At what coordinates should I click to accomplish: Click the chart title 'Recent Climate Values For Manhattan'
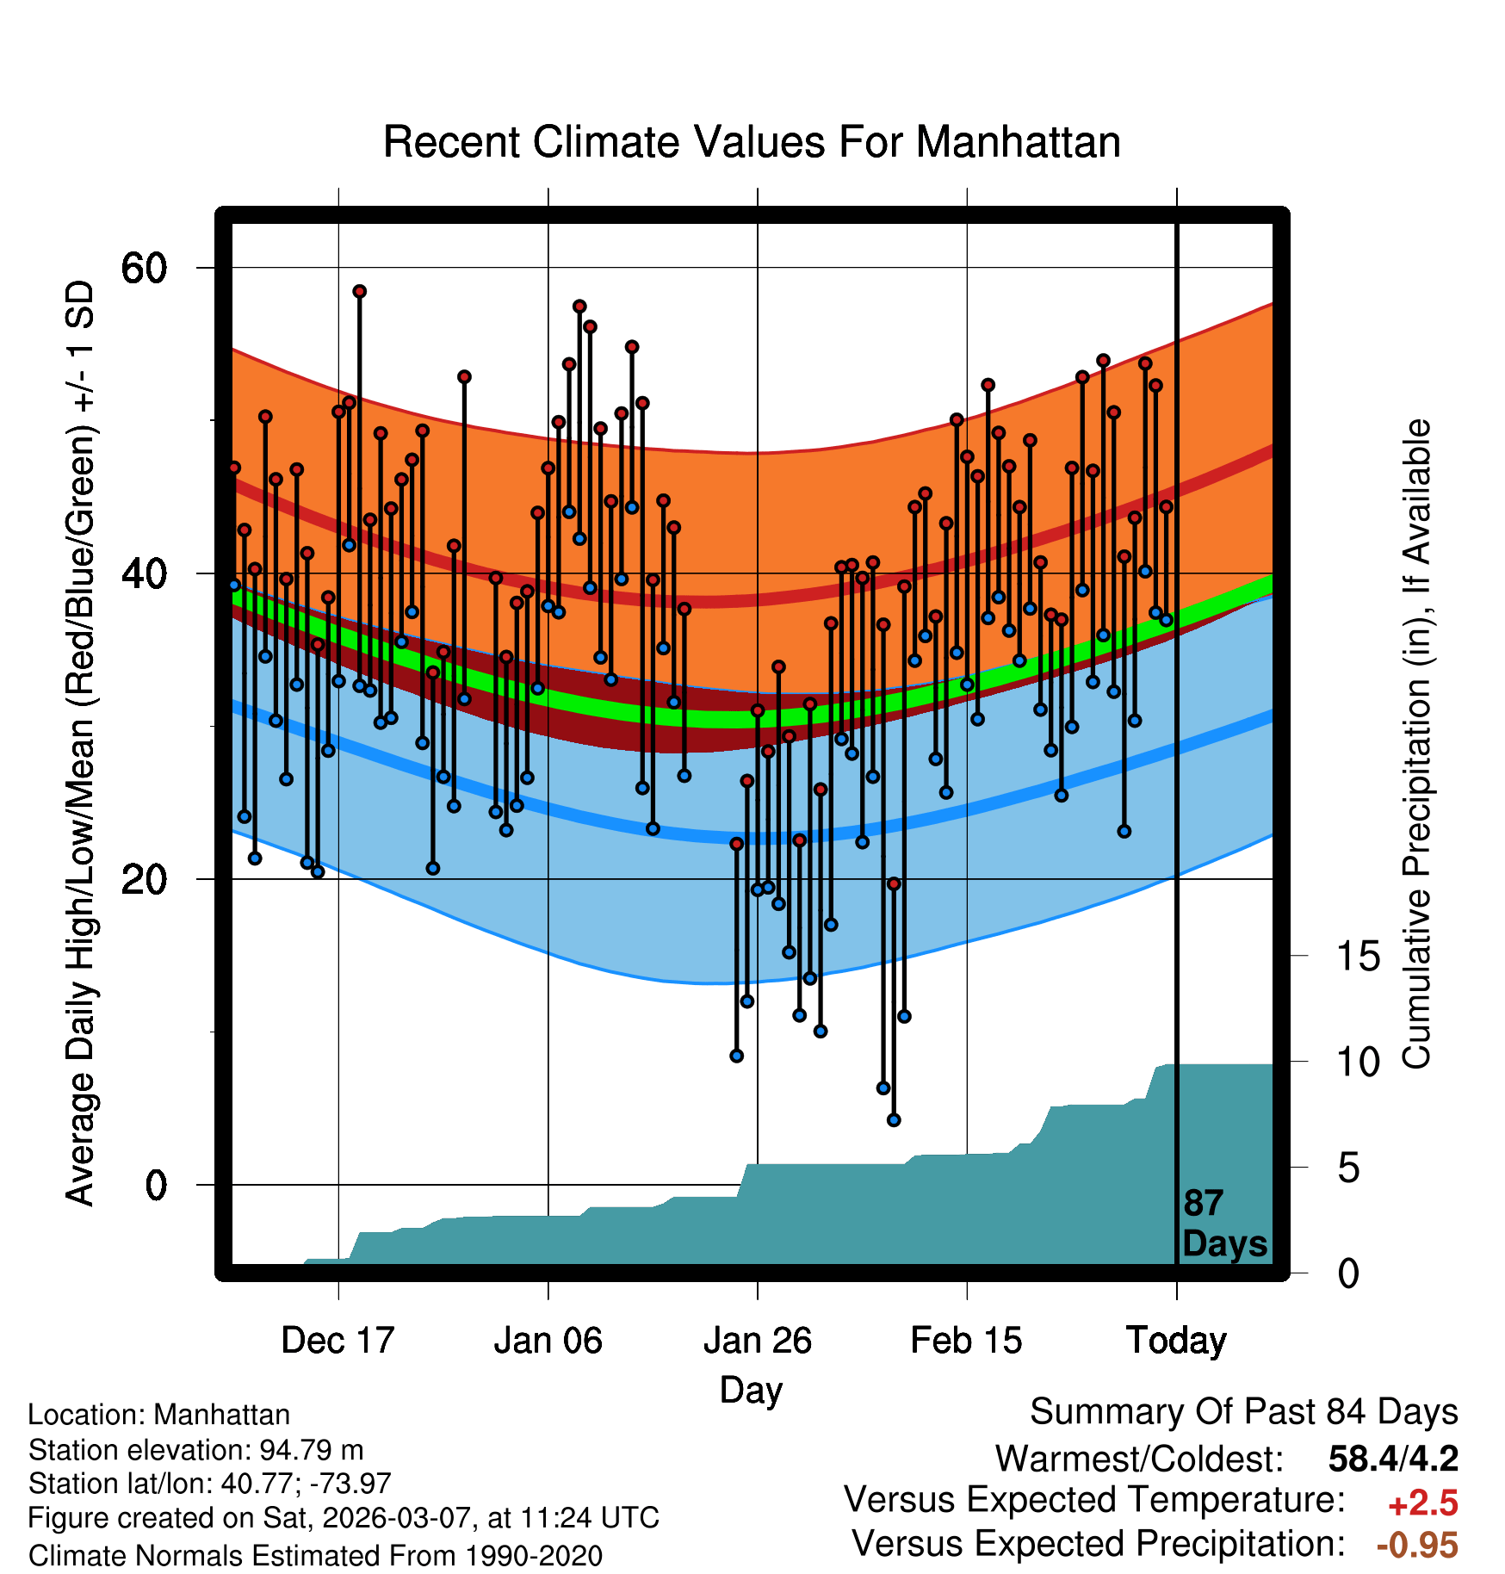click(752, 142)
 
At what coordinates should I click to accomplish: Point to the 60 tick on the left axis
click(144, 269)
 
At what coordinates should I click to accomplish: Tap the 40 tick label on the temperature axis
click(144, 573)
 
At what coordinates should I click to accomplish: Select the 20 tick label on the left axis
click(144, 880)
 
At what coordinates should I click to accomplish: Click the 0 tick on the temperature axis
click(156, 1186)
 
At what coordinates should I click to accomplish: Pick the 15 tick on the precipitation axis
click(1358, 957)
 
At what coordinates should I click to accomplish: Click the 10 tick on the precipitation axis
click(1358, 1063)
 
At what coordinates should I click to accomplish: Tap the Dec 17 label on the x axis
click(338, 1341)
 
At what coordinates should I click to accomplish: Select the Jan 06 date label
click(548, 1341)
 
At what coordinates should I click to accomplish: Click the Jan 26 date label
click(757, 1341)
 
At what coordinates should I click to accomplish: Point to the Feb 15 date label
click(966, 1341)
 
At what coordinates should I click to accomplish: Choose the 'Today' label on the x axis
click(1176, 1341)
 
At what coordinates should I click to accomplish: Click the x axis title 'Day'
click(751, 1390)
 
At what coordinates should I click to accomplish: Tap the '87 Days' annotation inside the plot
click(1223, 1224)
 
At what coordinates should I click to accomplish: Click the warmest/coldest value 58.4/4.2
click(1392, 1459)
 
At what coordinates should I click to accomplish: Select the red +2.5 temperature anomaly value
click(1422, 1503)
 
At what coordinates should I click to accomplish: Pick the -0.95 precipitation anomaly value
click(1417, 1545)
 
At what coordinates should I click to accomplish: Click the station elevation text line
click(195, 1450)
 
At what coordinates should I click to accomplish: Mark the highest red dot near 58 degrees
click(359, 292)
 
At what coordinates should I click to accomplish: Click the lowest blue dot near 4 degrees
click(894, 1120)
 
